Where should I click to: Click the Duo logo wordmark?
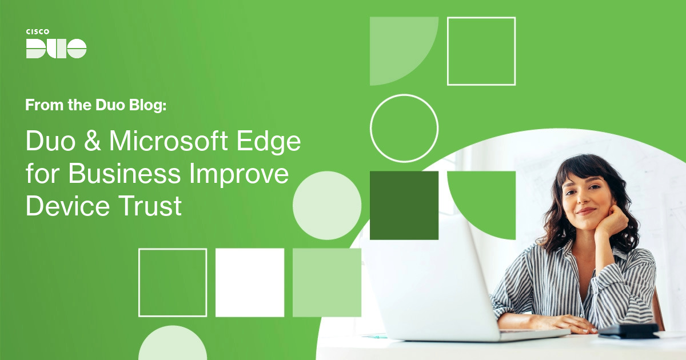(x=56, y=49)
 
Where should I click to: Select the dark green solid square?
(x=404, y=205)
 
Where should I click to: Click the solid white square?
(x=250, y=282)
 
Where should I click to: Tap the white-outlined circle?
(x=404, y=128)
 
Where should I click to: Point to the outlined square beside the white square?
(x=173, y=282)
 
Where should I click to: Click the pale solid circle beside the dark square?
(x=326, y=205)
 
